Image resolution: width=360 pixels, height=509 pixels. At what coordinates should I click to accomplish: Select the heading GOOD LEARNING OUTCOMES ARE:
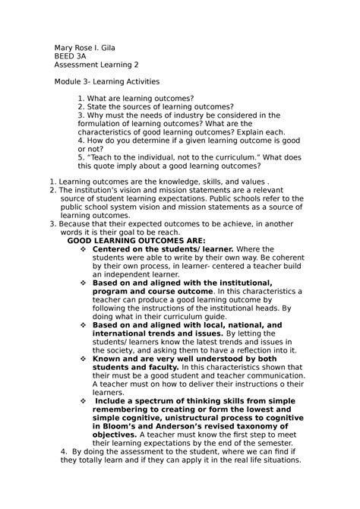click(131, 241)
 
